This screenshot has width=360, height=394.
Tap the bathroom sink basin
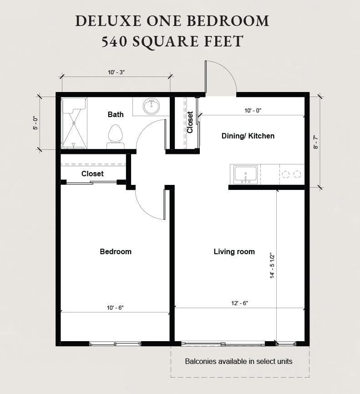151,107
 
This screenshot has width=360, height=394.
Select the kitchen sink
245,174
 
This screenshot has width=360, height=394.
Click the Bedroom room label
116,251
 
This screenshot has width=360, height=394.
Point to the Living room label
234,251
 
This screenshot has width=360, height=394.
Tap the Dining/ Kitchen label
248,136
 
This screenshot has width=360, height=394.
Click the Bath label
116,114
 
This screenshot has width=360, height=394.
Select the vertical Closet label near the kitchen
190,122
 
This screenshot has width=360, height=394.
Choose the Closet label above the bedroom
92,174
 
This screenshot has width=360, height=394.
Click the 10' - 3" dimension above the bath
117,72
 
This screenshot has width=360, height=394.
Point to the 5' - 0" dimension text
35,123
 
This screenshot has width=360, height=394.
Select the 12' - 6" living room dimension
239,303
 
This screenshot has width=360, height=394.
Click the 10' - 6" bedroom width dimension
115,307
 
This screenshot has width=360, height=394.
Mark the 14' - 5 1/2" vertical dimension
273,266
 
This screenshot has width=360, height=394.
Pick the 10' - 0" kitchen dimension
253,110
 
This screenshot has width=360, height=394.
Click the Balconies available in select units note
238,361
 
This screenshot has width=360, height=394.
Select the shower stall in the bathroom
74,123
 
